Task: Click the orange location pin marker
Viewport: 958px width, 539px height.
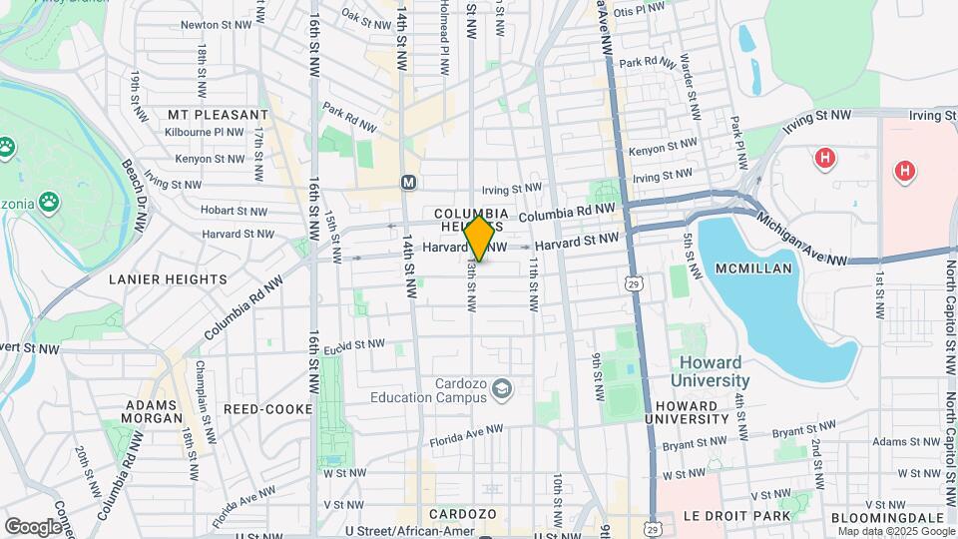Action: pos(479,239)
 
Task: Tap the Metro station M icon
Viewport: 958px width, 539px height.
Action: pos(408,183)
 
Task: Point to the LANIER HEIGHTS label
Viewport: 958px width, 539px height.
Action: pos(168,279)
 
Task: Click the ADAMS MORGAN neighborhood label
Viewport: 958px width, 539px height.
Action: pos(153,413)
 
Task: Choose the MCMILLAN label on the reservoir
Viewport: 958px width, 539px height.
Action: pos(753,269)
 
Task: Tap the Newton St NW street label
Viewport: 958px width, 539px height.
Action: pos(214,25)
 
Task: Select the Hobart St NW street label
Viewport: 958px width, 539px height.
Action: pos(235,212)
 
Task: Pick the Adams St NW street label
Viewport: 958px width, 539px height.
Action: pos(904,440)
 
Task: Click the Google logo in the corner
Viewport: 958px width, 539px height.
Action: pos(33,526)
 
